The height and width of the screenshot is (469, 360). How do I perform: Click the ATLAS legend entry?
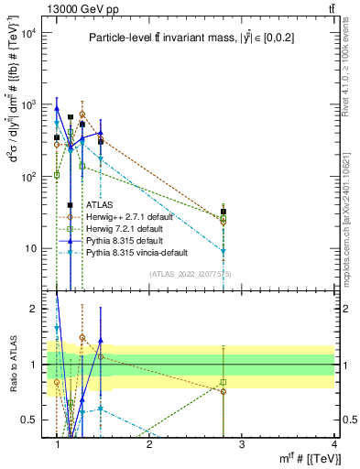point(99,205)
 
